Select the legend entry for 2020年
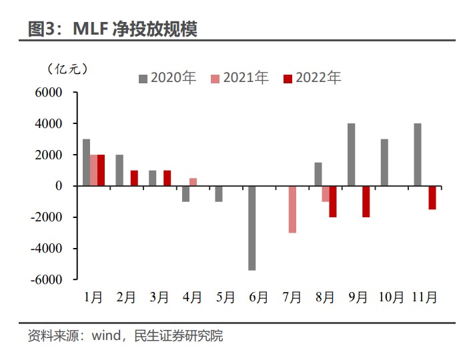pos(167,78)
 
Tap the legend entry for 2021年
pos(240,78)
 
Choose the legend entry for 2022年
pos(312,78)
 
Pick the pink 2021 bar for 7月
pos(292,209)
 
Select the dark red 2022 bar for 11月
pos(432,197)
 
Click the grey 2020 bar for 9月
pos(351,155)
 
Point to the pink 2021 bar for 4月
pos(193,182)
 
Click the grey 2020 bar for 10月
pos(384,163)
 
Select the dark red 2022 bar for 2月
pos(134,178)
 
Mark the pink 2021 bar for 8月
pos(326,194)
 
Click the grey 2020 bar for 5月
pos(218,194)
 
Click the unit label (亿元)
pos(67,69)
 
